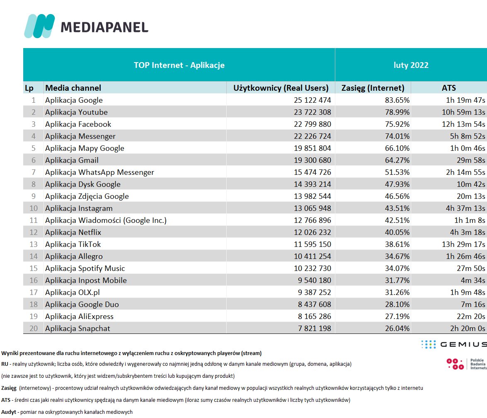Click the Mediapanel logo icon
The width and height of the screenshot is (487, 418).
click(39, 26)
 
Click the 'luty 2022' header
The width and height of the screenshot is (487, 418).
click(411, 65)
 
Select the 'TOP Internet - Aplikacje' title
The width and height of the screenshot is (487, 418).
click(179, 65)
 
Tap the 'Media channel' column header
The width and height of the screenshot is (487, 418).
click(73, 88)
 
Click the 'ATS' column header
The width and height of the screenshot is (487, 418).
click(448, 88)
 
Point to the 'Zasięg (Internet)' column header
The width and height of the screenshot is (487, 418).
click(373, 88)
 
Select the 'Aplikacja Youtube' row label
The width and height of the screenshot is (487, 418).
click(76, 112)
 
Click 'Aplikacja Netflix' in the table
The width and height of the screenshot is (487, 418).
click(73, 232)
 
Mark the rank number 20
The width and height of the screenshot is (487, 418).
click(34, 329)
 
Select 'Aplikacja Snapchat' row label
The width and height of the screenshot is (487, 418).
click(78, 329)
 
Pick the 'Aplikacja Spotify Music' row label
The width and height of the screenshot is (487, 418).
click(85, 268)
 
